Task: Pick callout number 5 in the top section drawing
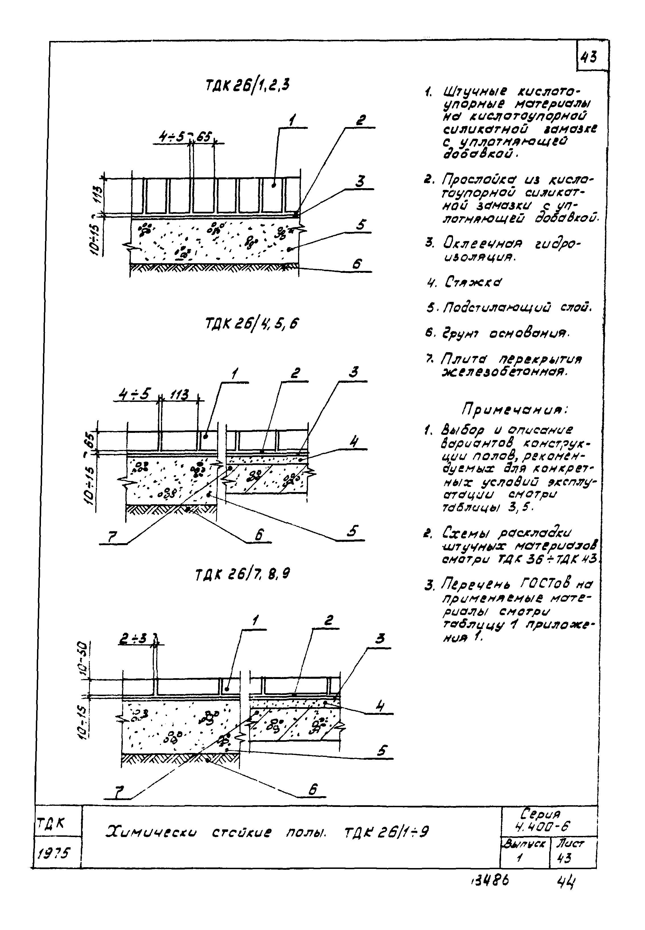[361, 225]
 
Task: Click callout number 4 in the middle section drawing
[354, 441]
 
